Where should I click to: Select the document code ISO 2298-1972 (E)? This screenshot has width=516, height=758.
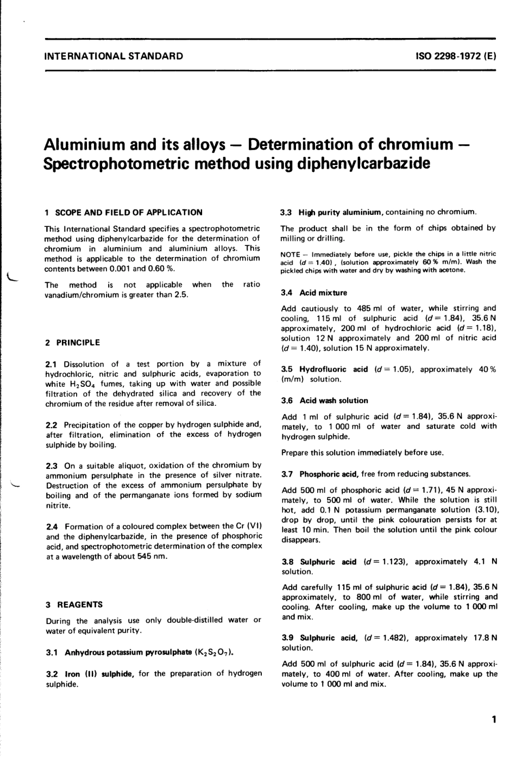click(456, 56)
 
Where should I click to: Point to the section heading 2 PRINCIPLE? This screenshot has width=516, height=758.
click(73, 343)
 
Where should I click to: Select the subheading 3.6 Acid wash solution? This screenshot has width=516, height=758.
click(324, 401)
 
